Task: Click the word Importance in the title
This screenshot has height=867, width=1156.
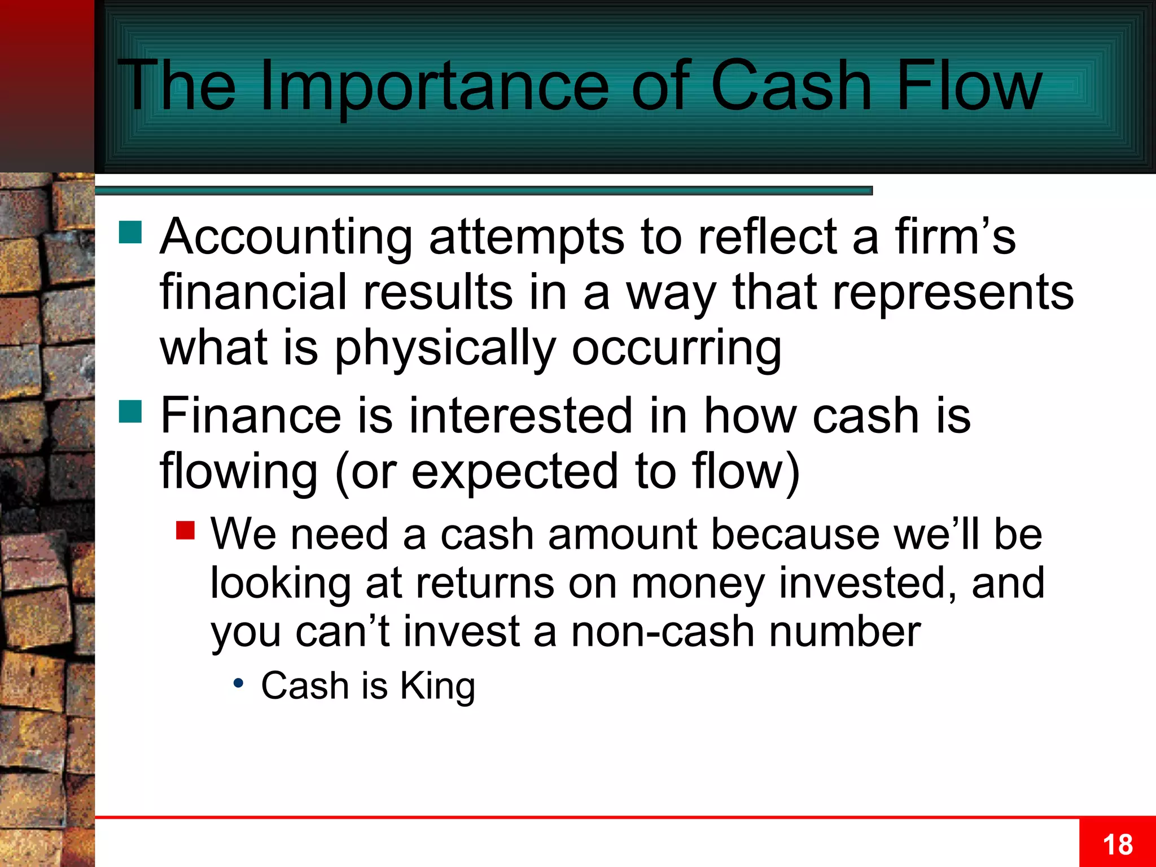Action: tap(435, 86)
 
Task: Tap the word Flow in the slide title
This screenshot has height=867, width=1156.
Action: tap(969, 86)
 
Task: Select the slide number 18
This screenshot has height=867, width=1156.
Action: tap(1118, 845)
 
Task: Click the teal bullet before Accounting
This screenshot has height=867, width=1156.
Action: tap(130, 232)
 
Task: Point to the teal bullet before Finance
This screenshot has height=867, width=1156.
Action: tap(130, 411)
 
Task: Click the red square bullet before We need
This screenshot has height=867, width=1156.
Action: tap(185, 530)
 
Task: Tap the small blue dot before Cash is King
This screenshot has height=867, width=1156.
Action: tap(239, 683)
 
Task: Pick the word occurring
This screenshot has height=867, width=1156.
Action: tap(677, 349)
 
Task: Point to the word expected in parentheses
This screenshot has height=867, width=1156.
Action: tap(514, 471)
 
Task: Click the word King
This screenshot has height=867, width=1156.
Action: tap(437, 686)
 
